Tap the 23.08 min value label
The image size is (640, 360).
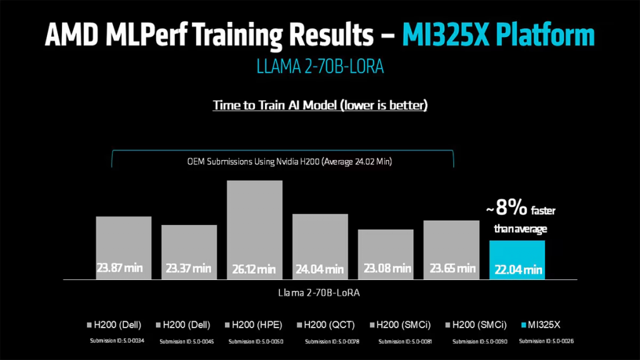[x=386, y=269]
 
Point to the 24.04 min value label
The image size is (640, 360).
[x=320, y=269]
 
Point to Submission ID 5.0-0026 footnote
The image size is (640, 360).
[x=546, y=341]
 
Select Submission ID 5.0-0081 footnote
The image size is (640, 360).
[x=406, y=341]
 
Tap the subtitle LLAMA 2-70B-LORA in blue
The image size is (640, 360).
[x=319, y=67]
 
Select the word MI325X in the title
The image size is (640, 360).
[x=446, y=36]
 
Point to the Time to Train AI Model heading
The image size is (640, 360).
[x=320, y=105]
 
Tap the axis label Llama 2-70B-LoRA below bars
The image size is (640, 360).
[x=319, y=292]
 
